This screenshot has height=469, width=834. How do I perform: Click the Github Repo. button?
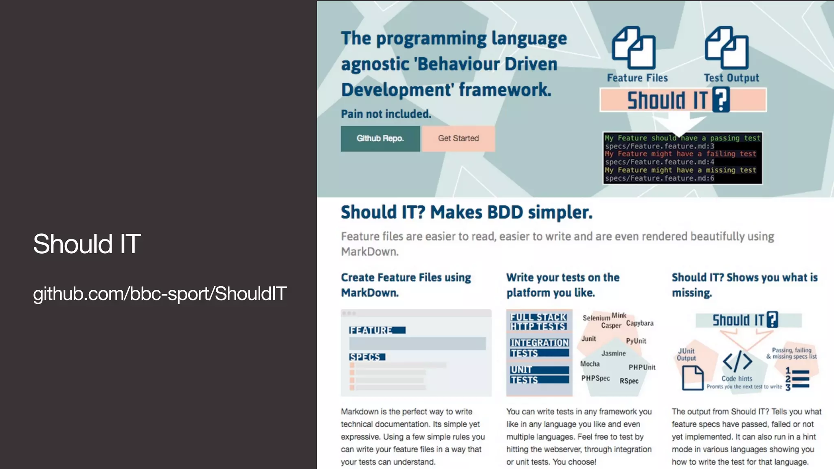(380, 138)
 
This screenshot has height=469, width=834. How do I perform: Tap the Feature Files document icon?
(634, 48)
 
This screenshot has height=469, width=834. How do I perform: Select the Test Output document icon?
(726, 48)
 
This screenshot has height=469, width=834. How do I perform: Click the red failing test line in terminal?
(680, 154)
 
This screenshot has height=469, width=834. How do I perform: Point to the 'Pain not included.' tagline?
(386, 114)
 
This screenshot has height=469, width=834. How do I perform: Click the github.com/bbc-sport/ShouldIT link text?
(160, 294)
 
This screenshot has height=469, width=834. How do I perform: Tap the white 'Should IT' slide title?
(87, 244)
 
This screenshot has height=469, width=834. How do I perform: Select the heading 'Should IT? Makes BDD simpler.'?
(466, 212)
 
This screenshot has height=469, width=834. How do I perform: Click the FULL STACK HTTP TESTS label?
(538, 322)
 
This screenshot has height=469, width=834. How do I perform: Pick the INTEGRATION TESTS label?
(539, 348)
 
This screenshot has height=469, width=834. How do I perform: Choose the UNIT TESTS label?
(539, 375)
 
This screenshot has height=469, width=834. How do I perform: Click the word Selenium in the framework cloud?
(596, 318)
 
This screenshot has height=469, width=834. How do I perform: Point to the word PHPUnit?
(642, 367)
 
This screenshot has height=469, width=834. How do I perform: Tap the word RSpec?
(629, 381)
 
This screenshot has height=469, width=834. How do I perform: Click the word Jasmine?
(613, 353)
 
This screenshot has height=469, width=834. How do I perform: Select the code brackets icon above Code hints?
(737, 361)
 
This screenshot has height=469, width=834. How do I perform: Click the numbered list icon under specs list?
(797, 379)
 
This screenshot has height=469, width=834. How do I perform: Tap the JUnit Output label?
(686, 355)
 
